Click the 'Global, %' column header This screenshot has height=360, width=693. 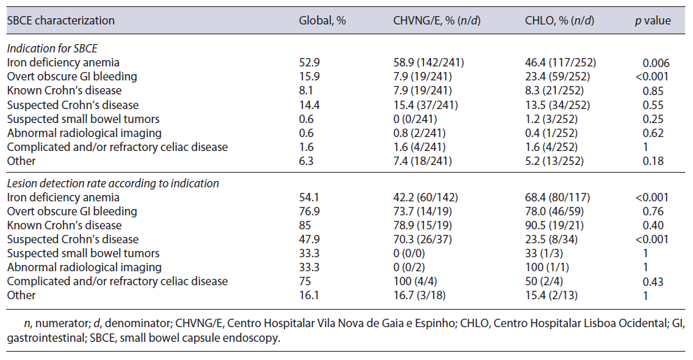(323, 20)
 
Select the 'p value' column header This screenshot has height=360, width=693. (652, 20)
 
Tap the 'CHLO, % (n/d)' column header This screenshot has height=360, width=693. (560, 20)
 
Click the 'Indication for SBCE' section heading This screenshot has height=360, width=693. (52, 48)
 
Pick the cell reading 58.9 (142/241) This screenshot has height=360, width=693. (428, 62)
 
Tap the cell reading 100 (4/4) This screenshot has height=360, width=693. (418, 281)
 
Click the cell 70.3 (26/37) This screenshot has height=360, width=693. (425, 239)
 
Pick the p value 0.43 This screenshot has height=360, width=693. (652, 281)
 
